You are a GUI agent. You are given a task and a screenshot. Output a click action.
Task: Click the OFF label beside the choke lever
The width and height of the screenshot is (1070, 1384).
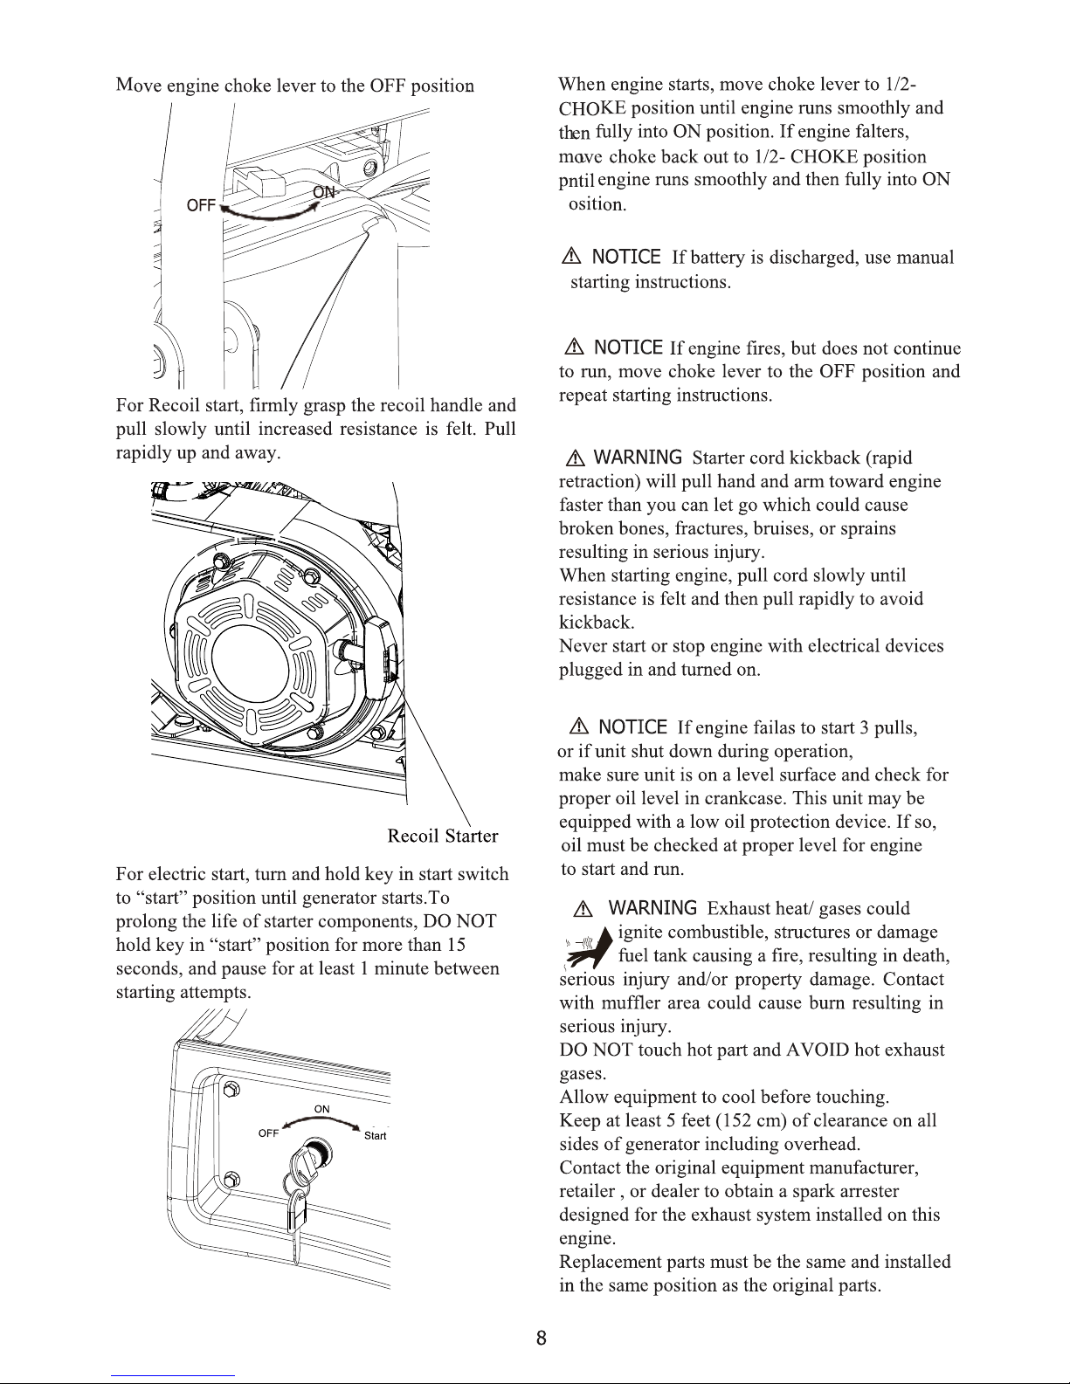[x=201, y=205]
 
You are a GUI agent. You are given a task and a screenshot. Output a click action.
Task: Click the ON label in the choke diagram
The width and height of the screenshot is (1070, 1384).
[x=323, y=192]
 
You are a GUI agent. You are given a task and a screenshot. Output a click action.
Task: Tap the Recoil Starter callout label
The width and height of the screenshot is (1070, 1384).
[x=442, y=837]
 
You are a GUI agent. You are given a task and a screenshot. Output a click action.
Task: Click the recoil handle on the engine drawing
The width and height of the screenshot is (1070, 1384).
[x=383, y=657]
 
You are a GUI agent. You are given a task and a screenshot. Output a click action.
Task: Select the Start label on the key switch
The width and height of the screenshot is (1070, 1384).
[x=375, y=1136]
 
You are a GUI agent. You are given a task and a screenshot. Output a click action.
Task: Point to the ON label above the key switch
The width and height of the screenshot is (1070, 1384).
[x=321, y=1109]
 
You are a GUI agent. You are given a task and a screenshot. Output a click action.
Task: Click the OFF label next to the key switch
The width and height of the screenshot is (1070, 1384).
[x=268, y=1133]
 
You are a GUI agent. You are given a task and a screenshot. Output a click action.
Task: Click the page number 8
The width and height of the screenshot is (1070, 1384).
[x=542, y=1338]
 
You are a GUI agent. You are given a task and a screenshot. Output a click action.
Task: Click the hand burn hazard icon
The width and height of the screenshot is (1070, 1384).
[x=586, y=947]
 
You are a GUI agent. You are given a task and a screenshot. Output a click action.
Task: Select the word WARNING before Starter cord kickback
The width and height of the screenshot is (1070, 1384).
[x=637, y=458]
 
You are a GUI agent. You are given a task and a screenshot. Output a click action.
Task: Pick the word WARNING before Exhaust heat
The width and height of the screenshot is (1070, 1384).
[x=652, y=908]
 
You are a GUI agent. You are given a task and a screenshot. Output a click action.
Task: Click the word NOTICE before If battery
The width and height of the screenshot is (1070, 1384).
[x=625, y=257]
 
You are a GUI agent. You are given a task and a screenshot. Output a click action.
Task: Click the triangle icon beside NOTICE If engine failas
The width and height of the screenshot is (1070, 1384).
[x=579, y=727]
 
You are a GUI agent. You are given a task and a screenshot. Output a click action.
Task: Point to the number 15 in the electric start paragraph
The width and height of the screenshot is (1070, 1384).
[x=455, y=945]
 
